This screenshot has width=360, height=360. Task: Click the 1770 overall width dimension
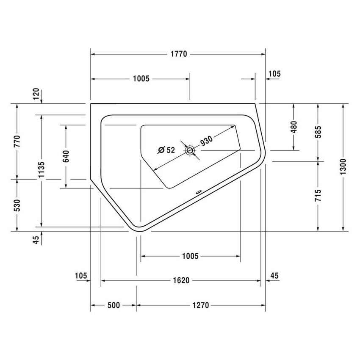click(x=178, y=54)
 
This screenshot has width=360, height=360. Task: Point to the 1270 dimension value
click(x=202, y=305)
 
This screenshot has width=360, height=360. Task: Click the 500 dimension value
click(x=113, y=305)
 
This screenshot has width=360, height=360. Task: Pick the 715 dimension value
click(x=318, y=196)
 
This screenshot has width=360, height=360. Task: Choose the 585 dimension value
click(x=318, y=132)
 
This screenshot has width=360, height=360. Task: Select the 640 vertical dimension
click(x=66, y=157)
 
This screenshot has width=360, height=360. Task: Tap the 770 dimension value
click(x=17, y=141)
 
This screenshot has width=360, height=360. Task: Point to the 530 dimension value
click(x=17, y=205)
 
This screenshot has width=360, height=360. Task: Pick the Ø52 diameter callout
click(x=166, y=150)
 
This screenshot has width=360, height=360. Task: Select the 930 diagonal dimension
click(x=206, y=141)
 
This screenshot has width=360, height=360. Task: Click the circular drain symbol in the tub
click(x=190, y=150)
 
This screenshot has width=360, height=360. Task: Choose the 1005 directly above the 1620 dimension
click(x=190, y=256)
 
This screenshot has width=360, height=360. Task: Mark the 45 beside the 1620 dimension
click(x=274, y=276)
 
